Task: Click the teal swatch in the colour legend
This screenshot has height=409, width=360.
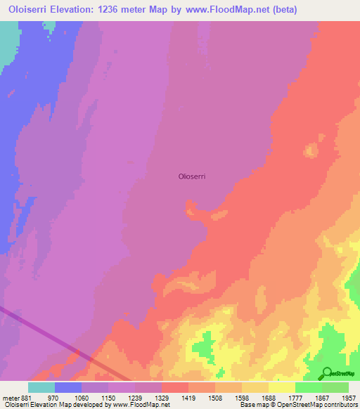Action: pyautogui.click(x=41, y=387)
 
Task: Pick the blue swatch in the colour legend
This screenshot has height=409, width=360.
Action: pyautogui.click(x=68, y=387)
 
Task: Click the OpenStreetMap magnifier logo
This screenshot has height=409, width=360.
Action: pyautogui.click(x=326, y=373)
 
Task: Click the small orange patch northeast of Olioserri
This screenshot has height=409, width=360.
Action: pyautogui.click(x=309, y=150)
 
